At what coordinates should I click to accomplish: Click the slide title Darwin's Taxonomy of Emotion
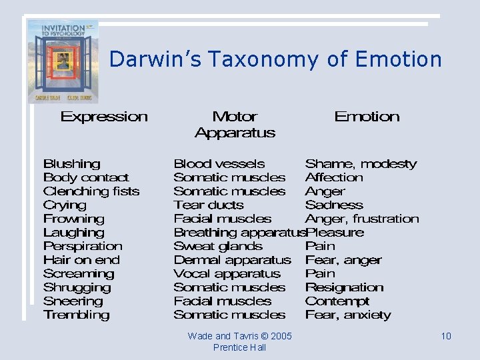pyautogui.click(x=275, y=59)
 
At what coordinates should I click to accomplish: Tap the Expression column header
pyautogui.click(x=104, y=117)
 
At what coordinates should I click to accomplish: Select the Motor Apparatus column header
pyautogui.click(x=235, y=125)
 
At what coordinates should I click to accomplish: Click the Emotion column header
pyautogui.click(x=367, y=117)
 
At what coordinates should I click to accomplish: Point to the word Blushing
pyautogui.click(x=71, y=164)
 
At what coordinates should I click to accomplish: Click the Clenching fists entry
pyautogui.click(x=91, y=191)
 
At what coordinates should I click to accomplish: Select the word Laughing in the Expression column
pyautogui.click(x=73, y=233)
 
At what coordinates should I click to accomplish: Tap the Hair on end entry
pyautogui.click(x=81, y=260)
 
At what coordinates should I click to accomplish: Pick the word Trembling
pyautogui.click(x=76, y=315)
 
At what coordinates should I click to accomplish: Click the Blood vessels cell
pyautogui.click(x=219, y=164)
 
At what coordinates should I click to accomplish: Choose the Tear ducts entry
pyautogui.click(x=208, y=205)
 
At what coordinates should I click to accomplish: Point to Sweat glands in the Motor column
pyautogui.click(x=218, y=246)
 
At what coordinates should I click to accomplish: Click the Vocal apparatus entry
pyautogui.click(x=227, y=274)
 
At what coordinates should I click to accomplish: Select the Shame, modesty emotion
pyautogui.click(x=361, y=164)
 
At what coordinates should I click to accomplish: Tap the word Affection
pyautogui.click(x=334, y=177)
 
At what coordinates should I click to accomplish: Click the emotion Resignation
pyautogui.click(x=344, y=288)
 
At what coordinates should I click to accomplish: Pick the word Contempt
pyautogui.click(x=337, y=301)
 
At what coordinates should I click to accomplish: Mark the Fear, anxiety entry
pyautogui.click(x=347, y=315)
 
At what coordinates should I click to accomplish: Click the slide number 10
pyautogui.click(x=446, y=336)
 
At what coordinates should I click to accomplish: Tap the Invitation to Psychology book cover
pyautogui.click(x=63, y=61)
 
